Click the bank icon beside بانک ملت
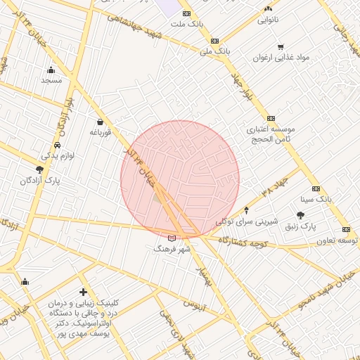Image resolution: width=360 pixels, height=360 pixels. tap(186, 13)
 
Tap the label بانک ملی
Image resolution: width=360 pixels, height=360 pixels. tap(214, 51)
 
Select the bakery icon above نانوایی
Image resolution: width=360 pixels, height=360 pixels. tap(267, 8)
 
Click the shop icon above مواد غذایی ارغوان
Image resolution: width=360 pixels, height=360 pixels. tap(281, 47)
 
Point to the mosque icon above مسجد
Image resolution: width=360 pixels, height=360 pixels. tap(51, 70)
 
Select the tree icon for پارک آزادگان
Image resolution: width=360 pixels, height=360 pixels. tap(39, 169)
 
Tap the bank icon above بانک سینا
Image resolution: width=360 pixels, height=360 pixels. tap(316, 188)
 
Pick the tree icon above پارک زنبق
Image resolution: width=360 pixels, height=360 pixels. tap(301, 215)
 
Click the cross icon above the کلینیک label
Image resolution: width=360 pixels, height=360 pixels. tap(84, 291)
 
